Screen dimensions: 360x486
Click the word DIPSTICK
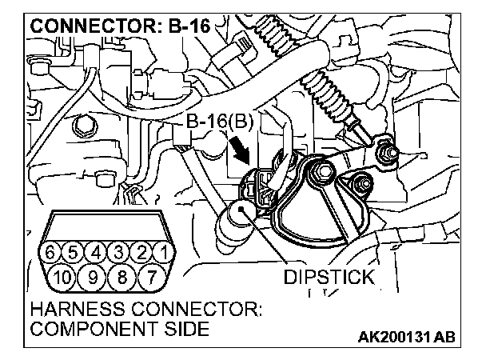[x=329, y=278]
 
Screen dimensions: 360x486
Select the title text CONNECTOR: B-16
[x=119, y=26]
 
